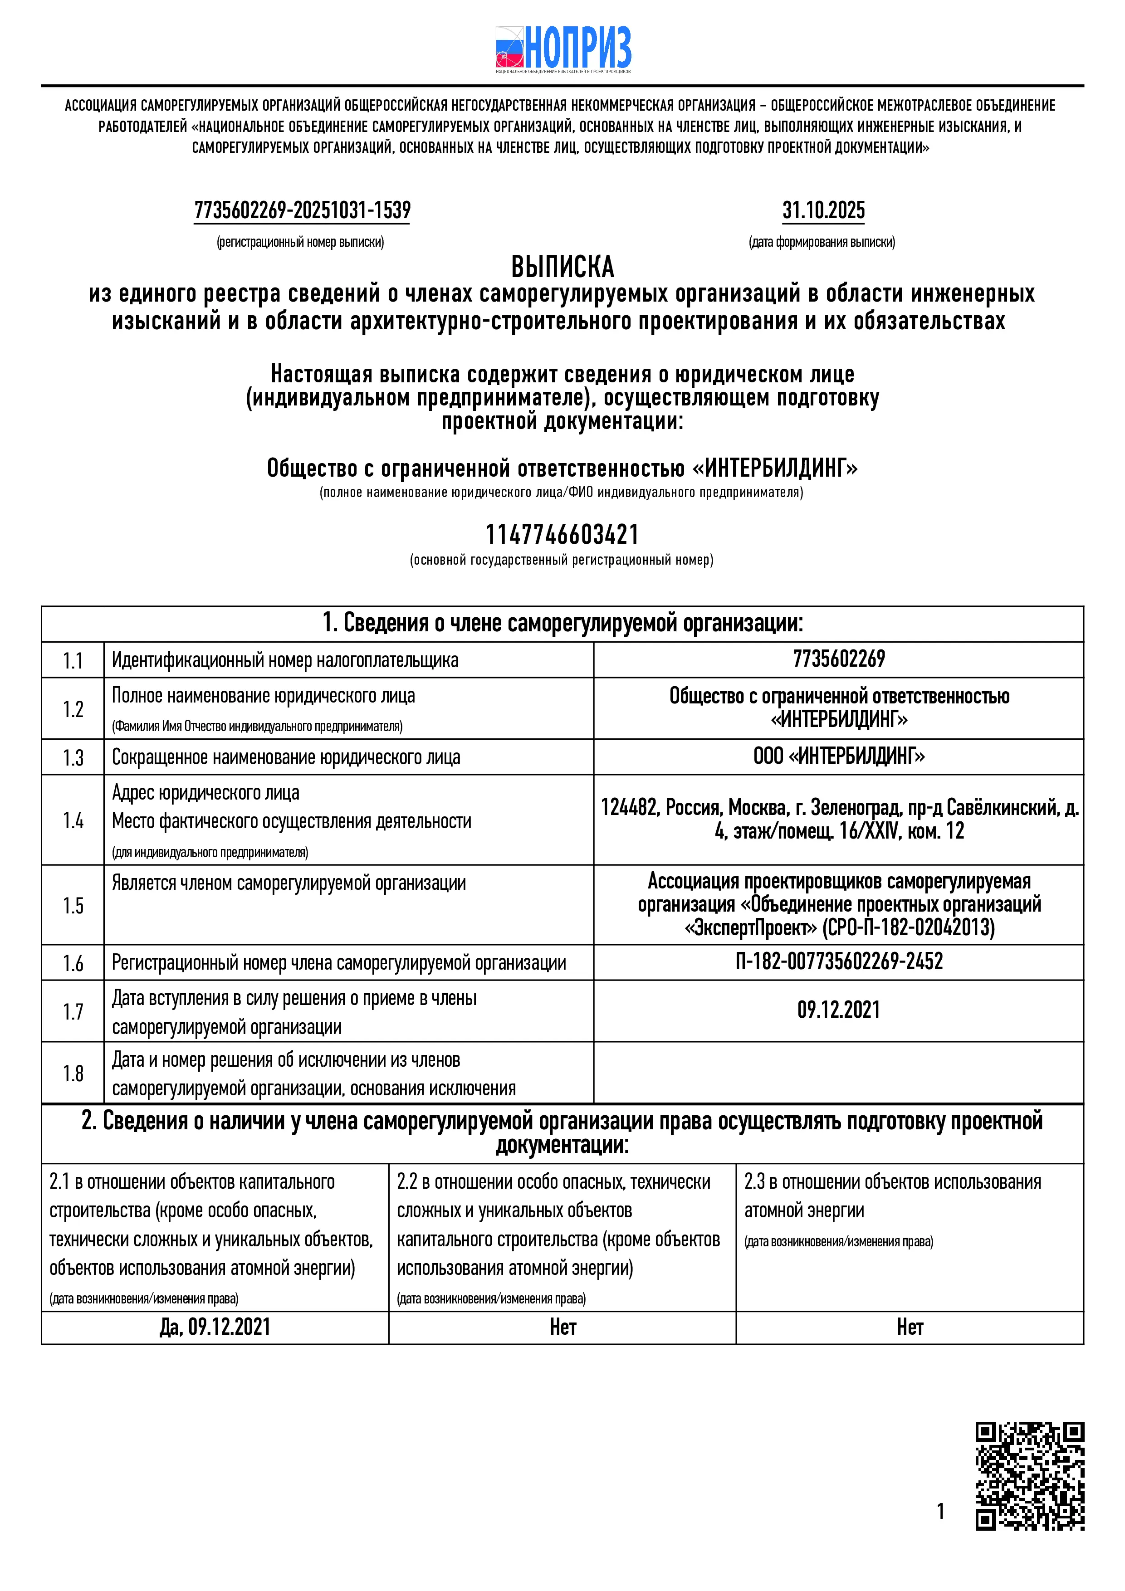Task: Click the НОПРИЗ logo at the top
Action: coord(563,49)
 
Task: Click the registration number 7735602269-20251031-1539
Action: coord(302,210)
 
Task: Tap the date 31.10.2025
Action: coord(823,210)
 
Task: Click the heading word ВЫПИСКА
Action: coord(562,267)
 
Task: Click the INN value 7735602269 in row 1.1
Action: coord(839,659)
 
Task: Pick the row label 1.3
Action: coord(73,757)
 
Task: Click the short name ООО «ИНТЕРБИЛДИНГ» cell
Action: coord(839,756)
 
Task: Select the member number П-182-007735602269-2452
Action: coord(839,962)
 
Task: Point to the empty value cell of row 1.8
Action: coord(839,1073)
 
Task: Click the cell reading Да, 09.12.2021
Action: coord(215,1327)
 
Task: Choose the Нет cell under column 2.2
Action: coord(563,1327)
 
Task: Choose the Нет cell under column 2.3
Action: coord(910,1327)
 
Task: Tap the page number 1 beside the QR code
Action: coord(941,1511)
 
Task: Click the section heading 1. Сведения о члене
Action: coord(562,624)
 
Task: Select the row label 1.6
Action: coord(73,963)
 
